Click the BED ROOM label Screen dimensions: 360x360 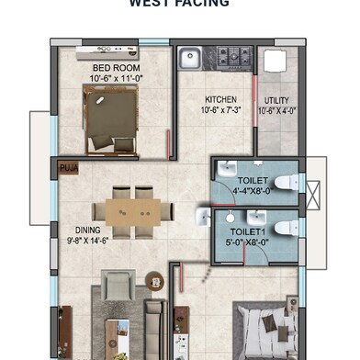point(115,67)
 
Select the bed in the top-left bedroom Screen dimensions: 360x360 point(112,118)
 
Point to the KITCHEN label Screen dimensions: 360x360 point(220,99)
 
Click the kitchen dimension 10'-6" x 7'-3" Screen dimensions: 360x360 point(220,109)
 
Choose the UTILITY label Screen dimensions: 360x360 point(276,99)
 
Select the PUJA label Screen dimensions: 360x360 point(69,169)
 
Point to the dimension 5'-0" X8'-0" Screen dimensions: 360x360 point(250,244)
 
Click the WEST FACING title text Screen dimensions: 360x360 point(179,4)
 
